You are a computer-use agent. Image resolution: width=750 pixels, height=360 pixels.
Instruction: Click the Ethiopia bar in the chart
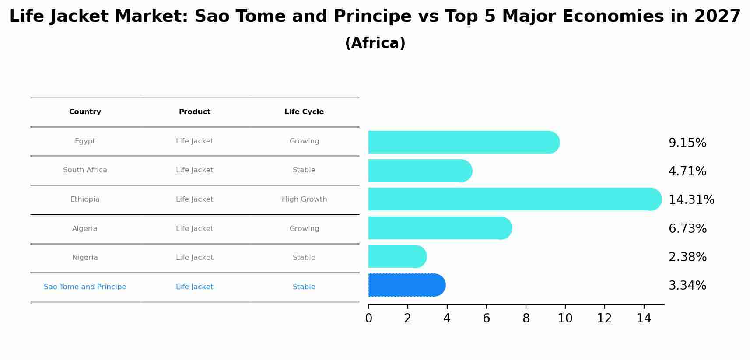(512, 199)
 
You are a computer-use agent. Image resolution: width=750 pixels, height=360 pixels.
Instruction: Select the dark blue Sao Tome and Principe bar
(405, 285)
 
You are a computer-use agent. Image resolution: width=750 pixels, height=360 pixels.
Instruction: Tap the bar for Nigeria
(396, 256)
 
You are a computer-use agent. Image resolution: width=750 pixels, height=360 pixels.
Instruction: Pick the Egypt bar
(462, 142)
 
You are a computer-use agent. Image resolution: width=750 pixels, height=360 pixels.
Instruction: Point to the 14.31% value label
(691, 200)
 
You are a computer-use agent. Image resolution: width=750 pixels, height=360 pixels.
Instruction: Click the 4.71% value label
(687, 171)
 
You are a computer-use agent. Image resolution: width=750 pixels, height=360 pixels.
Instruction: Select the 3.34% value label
(687, 286)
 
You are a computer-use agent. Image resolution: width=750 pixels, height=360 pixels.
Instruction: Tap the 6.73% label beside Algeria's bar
(687, 229)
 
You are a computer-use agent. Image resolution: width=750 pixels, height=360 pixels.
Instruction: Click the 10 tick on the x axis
(565, 318)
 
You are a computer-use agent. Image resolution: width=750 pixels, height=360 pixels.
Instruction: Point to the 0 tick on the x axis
(368, 318)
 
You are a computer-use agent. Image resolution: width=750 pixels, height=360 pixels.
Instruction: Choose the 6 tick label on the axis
(486, 318)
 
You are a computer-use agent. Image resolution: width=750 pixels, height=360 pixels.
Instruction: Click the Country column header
(85, 112)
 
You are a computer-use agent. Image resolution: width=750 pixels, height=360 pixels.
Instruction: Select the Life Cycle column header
(304, 112)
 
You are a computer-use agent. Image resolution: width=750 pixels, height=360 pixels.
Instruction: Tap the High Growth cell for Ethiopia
(304, 199)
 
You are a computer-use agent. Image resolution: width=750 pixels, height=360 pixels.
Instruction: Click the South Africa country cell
(85, 170)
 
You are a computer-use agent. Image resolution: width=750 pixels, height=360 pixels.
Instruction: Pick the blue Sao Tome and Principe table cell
(85, 287)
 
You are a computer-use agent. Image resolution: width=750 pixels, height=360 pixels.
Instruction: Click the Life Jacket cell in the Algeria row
(194, 229)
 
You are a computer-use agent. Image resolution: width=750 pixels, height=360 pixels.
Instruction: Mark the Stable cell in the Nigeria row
(304, 258)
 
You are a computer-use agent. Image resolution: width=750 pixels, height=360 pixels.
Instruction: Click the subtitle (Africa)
(375, 43)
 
